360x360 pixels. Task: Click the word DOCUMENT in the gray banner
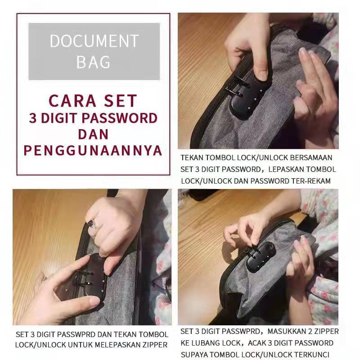pos(94,41)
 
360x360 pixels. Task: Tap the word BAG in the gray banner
pos(93,62)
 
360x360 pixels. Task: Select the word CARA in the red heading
pos(72,101)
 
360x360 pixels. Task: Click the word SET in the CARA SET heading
pos(120,101)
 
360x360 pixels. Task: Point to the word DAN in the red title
pos(93,134)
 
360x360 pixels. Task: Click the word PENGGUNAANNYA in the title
pos(93,151)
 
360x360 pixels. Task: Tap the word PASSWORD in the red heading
pos(119,118)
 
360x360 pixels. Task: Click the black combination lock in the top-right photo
pos(246,98)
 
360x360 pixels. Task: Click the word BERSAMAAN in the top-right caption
pos(311,158)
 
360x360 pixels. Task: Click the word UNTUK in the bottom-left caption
pos(81,345)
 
